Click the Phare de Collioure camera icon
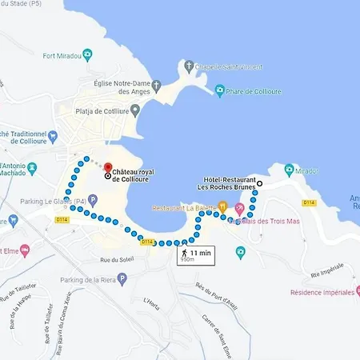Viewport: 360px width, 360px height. (x=220, y=90)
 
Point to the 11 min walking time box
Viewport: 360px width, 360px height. (x=196, y=254)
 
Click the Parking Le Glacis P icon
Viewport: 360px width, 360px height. (x=93, y=200)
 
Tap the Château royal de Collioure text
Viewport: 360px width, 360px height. (x=133, y=175)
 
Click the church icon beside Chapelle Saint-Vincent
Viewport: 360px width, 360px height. (x=188, y=65)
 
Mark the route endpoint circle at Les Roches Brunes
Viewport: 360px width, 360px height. (x=258, y=183)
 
